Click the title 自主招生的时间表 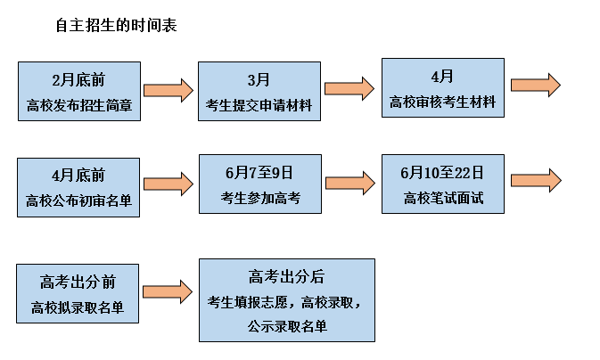pos(117,26)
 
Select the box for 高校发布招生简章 pos(79,92)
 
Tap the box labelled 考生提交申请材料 pos(259,92)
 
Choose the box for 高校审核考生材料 pos(442,87)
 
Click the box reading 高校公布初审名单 pos(79,187)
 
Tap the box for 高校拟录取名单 pos(79,293)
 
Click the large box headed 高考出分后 pos(286,299)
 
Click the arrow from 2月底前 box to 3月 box pos(168,90)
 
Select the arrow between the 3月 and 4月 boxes pos(349,87)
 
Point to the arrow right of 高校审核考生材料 pos(535,85)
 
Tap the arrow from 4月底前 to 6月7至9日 pos(168,184)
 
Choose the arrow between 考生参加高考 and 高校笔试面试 pos(349,184)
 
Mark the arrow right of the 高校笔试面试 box pos(535,180)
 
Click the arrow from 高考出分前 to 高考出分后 pos(168,290)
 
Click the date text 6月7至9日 pos(259,170)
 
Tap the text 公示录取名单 pos(287,326)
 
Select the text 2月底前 pos(79,78)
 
